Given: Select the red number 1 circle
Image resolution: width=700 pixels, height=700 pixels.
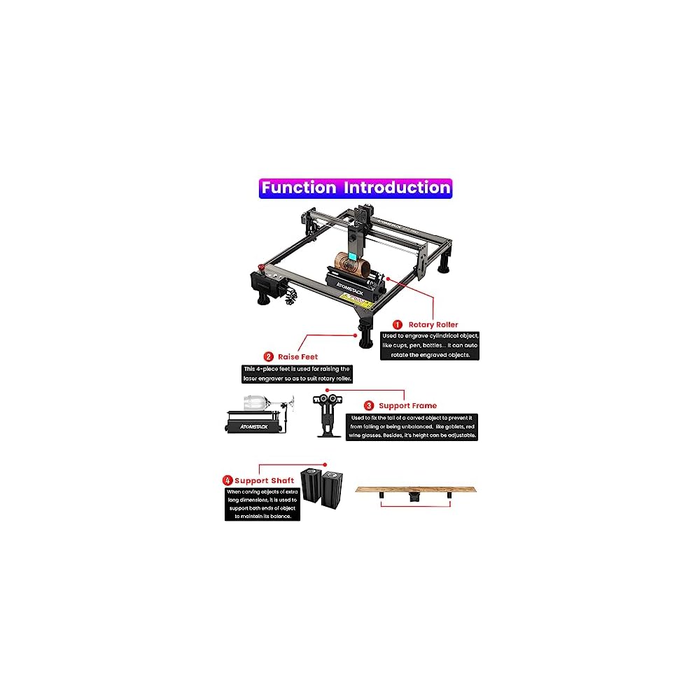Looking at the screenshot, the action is (398, 325).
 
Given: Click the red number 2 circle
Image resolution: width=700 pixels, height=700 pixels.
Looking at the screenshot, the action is (268, 356).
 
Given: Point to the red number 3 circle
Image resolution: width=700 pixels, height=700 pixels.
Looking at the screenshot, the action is (368, 405).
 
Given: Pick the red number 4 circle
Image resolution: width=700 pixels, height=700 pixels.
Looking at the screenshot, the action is (227, 481).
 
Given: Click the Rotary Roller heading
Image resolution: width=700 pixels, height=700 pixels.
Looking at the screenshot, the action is (434, 325).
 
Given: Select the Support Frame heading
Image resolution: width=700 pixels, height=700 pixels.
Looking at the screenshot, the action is (407, 405).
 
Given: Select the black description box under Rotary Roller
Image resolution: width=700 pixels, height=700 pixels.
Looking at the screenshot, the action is (430, 346).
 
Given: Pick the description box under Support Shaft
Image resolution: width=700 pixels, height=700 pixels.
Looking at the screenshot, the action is (262, 504).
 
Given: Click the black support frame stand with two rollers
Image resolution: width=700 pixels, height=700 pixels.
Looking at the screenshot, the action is (327, 416).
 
